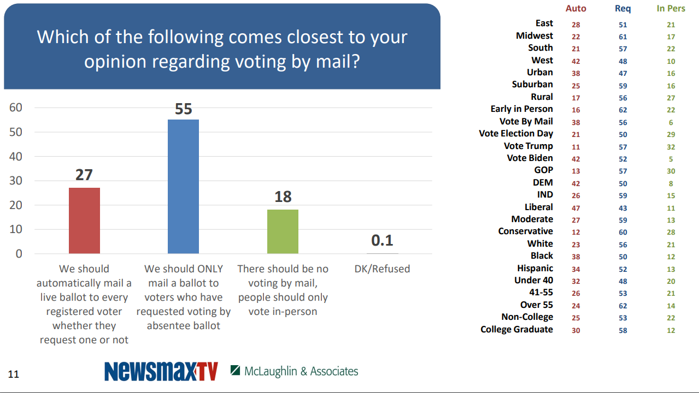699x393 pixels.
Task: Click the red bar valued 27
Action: click(x=84, y=221)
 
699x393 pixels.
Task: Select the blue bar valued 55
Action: click(x=183, y=186)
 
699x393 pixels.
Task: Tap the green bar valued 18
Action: click(x=283, y=231)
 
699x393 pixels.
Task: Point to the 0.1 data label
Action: click(x=382, y=241)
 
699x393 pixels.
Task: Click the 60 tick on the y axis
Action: click(x=16, y=108)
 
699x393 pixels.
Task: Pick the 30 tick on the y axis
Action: click(x=16, y=181)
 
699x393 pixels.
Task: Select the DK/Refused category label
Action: click(x=382, y=269)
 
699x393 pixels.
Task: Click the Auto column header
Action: click(x=575, y=8)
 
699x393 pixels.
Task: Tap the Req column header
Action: click(x=622, y=8)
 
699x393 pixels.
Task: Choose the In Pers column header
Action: click(x=671, y=8)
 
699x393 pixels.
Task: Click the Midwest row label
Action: click(x=534, y=35)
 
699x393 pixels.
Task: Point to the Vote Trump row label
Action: click(x=528, y=146)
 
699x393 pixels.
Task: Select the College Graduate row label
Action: click(x=516, y=329)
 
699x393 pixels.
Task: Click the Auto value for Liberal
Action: click(x=576, y=208)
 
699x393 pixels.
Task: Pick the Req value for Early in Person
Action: click(x=623, y=110)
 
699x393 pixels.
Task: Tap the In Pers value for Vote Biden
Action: click(x=671, y=159)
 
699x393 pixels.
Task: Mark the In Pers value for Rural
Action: click(x=671, y=98)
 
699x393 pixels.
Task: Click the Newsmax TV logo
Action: click(x=161, y=371)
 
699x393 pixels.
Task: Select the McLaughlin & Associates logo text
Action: click(x=301, y=371)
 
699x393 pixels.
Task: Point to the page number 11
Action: click(x=14, y=374)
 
